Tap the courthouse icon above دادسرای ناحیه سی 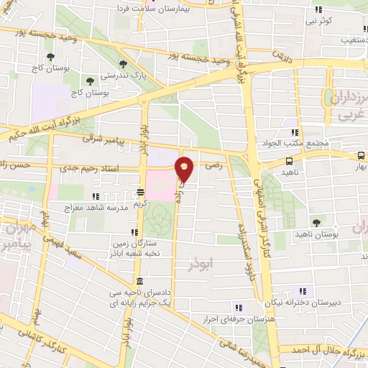tap(138, 280)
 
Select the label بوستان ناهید tap(315, 234)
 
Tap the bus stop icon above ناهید tap(289, 161)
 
